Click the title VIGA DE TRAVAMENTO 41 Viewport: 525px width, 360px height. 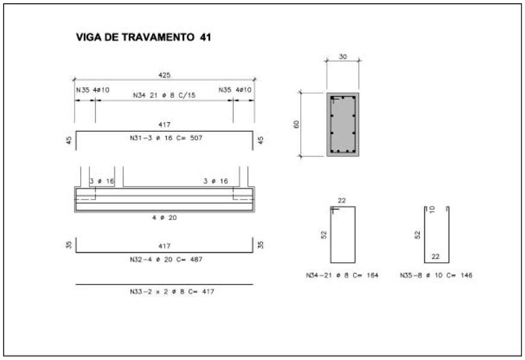point(143,37)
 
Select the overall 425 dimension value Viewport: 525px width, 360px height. point(164,75)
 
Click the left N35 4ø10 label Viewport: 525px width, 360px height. point(93,90)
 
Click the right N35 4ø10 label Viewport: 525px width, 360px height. point(236,90)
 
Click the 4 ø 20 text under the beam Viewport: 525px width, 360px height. point(164,217)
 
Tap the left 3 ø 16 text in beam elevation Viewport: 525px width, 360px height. point(101,181)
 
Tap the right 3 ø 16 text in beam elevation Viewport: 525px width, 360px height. point(216,181)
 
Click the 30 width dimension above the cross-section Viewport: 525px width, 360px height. point(343,56)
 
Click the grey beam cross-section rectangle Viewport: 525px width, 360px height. point(343,124)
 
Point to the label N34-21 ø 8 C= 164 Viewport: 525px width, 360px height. point(342,275)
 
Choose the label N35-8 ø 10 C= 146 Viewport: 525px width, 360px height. point(436,275)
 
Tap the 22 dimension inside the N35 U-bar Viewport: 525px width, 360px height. point(435,257)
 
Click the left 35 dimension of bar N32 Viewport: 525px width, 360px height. point(69,245)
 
